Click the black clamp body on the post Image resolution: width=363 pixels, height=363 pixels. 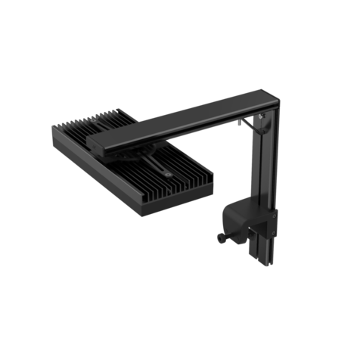(246, 219)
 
